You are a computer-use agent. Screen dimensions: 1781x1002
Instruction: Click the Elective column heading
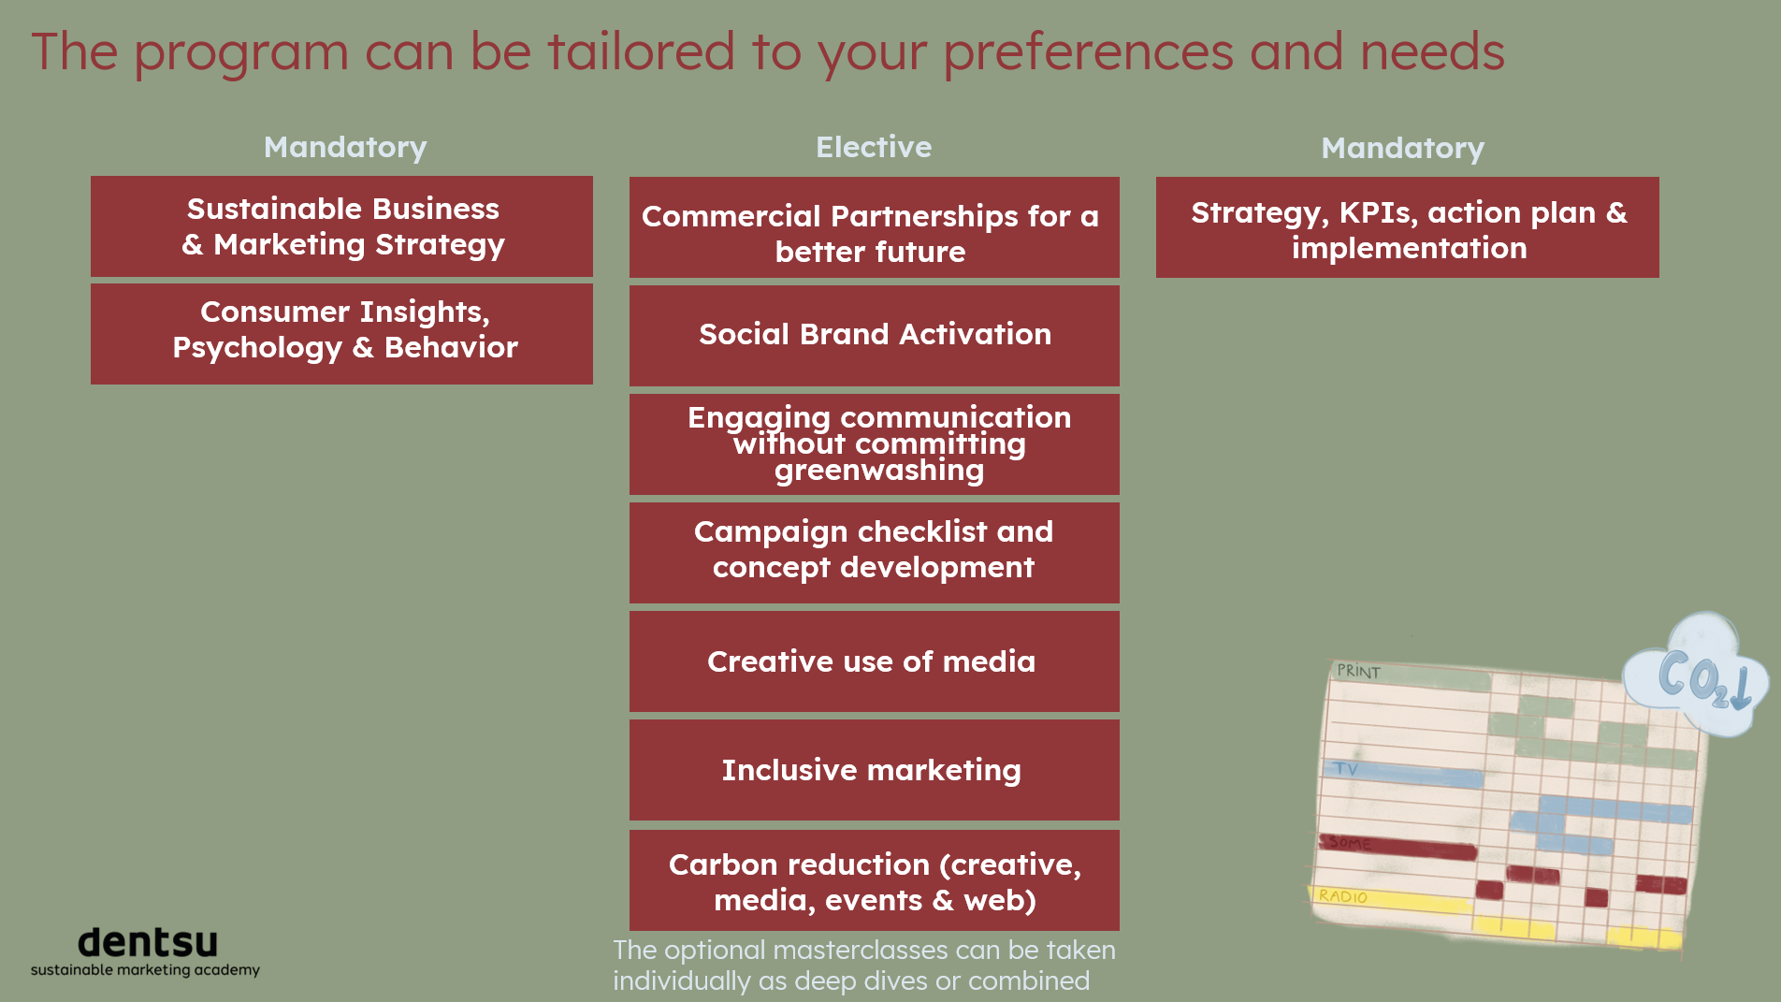coord(874,147)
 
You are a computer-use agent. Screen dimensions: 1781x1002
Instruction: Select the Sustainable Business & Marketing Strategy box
coord(341,226)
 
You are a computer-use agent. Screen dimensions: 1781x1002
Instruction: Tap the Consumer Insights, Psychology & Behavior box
coord(341,334)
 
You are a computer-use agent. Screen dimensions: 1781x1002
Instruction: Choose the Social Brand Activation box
coord(875,336)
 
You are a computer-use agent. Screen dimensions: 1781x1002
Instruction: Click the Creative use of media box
coord(875,661)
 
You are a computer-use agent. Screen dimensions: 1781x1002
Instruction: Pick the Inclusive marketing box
coord(875,770)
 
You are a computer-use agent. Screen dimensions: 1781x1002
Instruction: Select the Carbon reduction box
coord(875,880)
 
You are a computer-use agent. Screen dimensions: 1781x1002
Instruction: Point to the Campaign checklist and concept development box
coord(875,553)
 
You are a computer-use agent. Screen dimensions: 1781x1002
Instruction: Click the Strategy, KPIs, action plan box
coord(1408,227)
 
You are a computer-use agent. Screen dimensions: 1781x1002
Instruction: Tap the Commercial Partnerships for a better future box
coord(875,227)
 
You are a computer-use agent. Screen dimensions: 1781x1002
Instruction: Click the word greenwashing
coord(879,471)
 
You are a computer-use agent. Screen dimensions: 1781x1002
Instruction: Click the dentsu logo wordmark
coord(148,941)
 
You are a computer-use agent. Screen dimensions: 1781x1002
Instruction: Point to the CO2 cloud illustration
coord(1696,674)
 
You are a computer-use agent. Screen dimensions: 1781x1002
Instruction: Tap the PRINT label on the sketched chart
coord(1358,671)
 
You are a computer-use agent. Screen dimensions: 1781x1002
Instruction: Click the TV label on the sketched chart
coord(1346,769)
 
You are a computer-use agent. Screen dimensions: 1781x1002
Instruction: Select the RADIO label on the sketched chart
coord(1343,896)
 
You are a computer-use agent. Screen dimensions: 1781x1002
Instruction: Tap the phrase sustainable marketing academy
coord(145,970)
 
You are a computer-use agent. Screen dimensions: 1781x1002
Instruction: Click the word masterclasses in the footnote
coord(859,950)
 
